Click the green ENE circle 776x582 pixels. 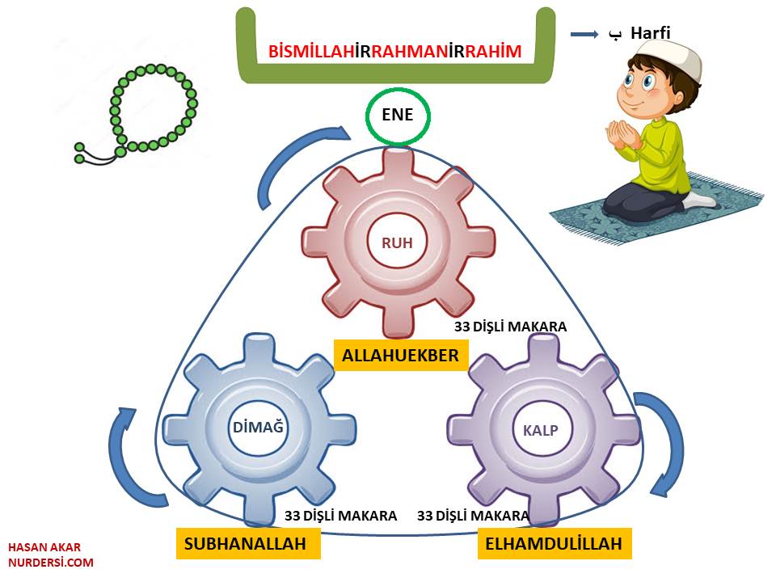(x=398, y=116)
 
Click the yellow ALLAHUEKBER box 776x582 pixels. (x=400, y=355)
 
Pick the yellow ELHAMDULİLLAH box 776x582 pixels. (x=554, y=544)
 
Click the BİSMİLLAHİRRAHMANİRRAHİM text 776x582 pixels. (x=395, y=53)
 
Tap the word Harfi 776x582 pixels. (x=651, y=34)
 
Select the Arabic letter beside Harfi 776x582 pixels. (x=614, y=35)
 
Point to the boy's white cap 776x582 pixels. (x=662, y=54)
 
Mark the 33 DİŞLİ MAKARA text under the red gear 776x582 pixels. (x=510, y=327)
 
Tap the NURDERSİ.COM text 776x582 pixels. (x=51, y=563)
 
